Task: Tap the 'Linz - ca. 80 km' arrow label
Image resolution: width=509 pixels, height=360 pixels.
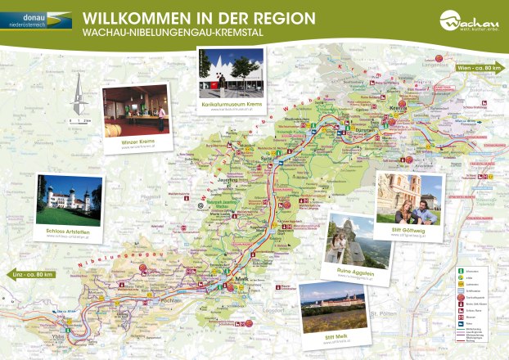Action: point(34,272)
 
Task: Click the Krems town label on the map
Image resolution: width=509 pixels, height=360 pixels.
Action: point(399,107)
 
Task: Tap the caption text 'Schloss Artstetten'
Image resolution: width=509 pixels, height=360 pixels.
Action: point(69,232)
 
